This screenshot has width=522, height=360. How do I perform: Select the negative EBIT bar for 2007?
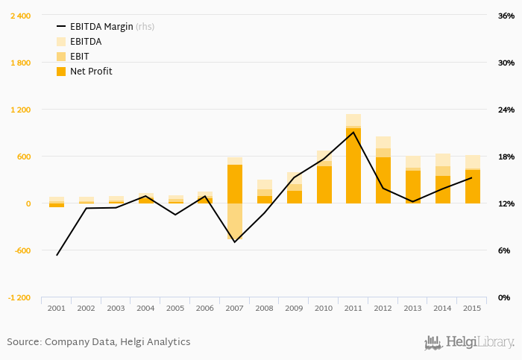235,221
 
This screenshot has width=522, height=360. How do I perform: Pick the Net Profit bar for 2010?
324,185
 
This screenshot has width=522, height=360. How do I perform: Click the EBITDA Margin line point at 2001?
57,255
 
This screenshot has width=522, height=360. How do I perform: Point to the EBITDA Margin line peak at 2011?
353,132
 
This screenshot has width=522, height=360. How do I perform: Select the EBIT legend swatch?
61,57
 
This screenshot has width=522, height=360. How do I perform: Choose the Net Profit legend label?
91,72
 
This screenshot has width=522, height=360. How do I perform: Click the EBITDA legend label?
86,42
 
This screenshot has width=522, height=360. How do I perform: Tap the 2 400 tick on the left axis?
20,16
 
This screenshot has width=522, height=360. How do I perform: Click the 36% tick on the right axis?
506,16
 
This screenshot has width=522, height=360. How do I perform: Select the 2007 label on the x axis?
235,308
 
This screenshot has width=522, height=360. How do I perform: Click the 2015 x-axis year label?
472,308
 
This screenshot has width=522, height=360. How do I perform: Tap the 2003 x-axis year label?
116,308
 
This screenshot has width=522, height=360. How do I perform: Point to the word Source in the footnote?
23,342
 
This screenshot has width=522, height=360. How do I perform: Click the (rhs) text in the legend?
145,26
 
